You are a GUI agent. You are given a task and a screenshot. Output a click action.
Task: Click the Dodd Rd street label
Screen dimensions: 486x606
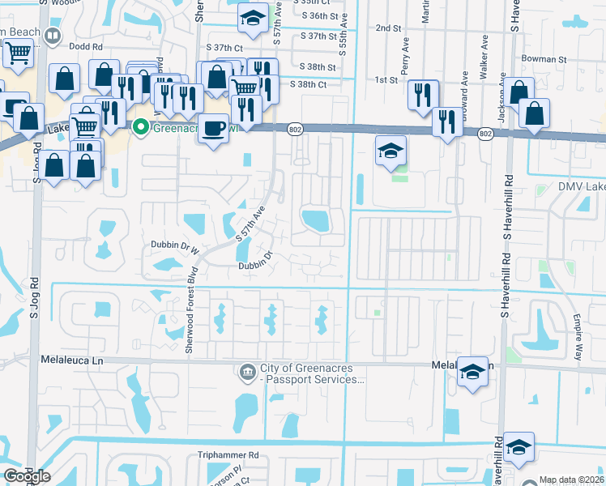point(86,47)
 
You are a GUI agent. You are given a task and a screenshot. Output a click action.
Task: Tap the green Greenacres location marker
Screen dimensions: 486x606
point(140,127)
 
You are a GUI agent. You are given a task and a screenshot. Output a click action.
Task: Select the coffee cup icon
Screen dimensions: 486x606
point(213,128)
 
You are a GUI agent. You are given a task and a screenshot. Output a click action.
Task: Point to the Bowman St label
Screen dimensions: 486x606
point(544,59)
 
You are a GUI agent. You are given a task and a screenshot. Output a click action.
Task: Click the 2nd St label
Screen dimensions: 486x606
point(389,28)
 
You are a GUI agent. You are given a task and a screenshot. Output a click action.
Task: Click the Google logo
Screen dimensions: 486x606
point(26,476)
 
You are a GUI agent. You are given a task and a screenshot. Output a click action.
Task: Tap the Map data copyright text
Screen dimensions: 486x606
point(572,480)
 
